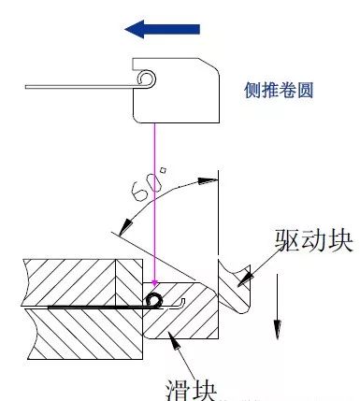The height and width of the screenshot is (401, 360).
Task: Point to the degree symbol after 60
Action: click(x=163, y=170)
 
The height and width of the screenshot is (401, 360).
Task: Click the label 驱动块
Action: click(x=314, y=241)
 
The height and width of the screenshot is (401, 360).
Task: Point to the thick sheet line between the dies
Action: click(x=94, y=305)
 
